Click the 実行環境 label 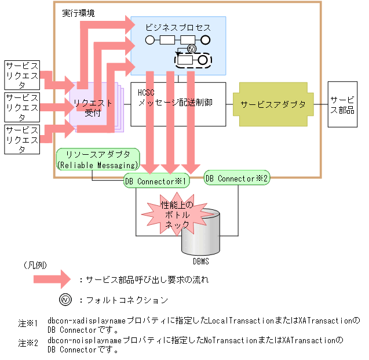click(x=80, y=13)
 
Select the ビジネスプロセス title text click(x=178, y=27)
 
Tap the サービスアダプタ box click(x=273, y=104)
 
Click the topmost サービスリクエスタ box click(x=23, y=74)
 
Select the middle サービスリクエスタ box click(x=23, y=107)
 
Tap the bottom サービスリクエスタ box click(x=23, y=139)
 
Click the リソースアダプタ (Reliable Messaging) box click(x=98, y=160)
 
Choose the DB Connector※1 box click(x=157, y=181)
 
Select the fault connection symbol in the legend click(x=65, y=300)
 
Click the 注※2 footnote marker click(x=27, y=343)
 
